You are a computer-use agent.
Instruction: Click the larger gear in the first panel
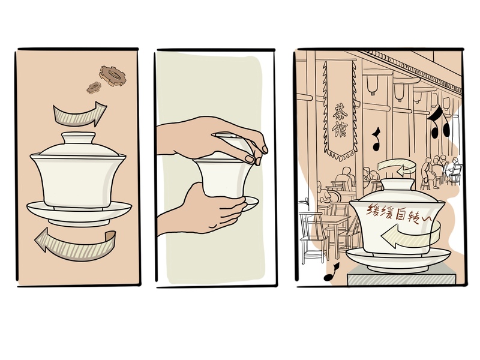112,76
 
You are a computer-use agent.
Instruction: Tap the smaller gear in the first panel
94,88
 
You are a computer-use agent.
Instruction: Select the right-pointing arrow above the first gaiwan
80,114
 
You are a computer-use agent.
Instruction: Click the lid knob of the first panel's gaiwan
79,137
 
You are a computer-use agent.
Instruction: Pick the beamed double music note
439,122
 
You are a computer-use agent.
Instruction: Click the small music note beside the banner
376,140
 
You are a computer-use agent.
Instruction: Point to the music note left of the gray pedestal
332,272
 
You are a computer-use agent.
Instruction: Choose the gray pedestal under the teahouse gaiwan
401,276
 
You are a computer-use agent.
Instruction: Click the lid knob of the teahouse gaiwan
398,184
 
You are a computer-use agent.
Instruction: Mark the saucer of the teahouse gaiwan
398,260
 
